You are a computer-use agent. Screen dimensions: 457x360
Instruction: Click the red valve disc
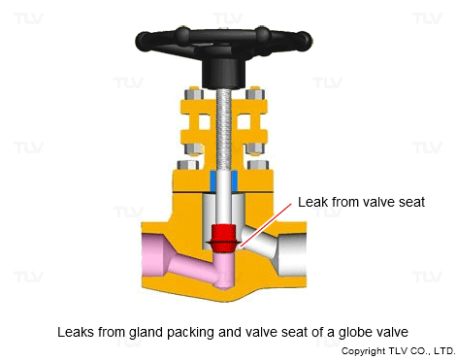pos(224,239)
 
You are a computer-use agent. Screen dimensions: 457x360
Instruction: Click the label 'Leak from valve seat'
pos(361,202)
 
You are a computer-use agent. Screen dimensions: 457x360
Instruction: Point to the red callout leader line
pos(266,225)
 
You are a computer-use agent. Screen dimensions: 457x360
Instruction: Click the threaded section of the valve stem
pos(223,129)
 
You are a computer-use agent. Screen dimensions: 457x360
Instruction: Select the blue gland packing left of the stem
pos(212,180)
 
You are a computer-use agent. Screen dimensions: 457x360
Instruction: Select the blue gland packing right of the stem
pos(235,180)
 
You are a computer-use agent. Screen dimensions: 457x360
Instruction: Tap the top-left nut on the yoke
pos(194,94)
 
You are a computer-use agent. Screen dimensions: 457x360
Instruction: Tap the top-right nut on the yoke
pos(255,94)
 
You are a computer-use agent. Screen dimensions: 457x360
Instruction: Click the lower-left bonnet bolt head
pos(188,165)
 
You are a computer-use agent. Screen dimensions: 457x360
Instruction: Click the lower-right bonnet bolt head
pos(258,165)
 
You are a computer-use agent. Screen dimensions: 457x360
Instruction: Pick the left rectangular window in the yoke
pos(204,122)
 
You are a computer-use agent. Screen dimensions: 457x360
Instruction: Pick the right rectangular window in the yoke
pos(244,122)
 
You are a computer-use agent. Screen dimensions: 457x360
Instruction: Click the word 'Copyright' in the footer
pos(363,351)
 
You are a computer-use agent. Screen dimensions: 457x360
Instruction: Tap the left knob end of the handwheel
pos(143,41)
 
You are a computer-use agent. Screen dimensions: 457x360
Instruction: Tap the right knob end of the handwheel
pos(305,41)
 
